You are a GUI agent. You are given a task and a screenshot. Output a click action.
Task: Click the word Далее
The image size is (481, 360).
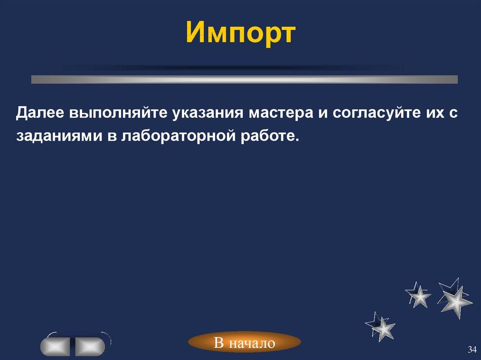[x=41, y=114]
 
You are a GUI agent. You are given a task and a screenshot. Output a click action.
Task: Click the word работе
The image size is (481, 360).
[x=273, y=136]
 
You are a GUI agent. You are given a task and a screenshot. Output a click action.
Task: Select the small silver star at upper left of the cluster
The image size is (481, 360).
[x=419, y=295]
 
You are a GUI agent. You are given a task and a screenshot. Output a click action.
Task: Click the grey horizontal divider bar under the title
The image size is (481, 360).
[x=244, y=79]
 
